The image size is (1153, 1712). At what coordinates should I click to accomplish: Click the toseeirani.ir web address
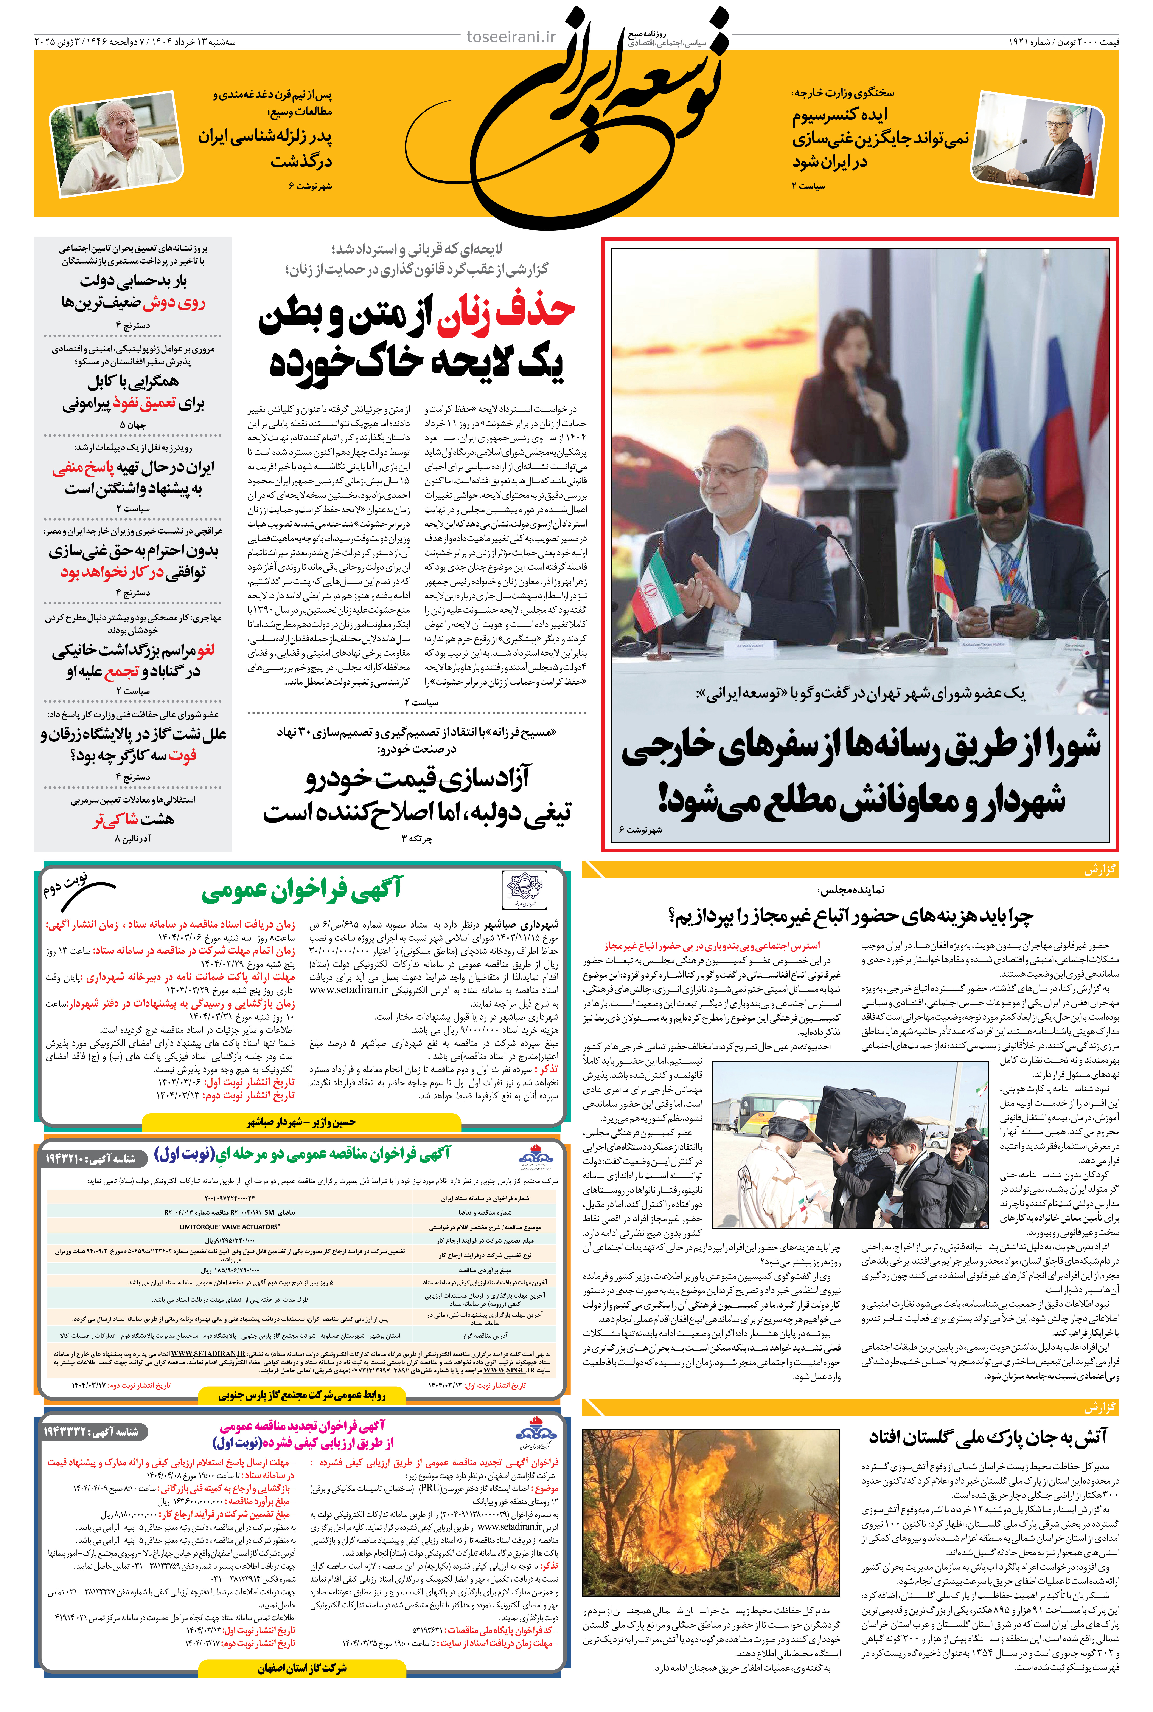click(x=512, y=37)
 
